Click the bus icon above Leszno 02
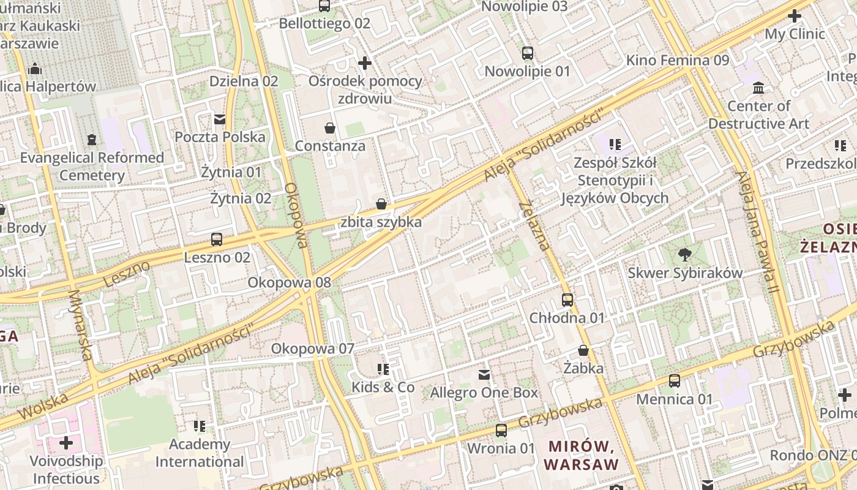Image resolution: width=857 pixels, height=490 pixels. pyautogui.click(x=216, y=239)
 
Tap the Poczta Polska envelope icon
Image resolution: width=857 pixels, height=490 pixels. pyautogui.click(x=220, y=119)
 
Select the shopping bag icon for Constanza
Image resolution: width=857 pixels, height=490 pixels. pyautogui.click(x=330, y=128)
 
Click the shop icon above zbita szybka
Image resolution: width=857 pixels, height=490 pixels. pyautogui.click(x=381, y=204)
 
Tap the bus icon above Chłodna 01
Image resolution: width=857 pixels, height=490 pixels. pyautogui.click(x=567, y=300)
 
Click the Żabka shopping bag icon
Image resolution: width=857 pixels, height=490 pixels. pyautogui.click(x=583, y=351)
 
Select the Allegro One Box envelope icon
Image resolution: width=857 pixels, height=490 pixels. pyautogui.click(x=484, y=374)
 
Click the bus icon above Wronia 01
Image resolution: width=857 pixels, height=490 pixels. pyautogui.click(x=501, y=431)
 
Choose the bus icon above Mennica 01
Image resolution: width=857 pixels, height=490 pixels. pyautogui.click(x=675, y=381)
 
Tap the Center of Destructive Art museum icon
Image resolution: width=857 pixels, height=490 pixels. pyautogui.click(x=759, y=88)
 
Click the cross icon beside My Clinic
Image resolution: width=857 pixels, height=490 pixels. pyautogui.click(x=795, y=16)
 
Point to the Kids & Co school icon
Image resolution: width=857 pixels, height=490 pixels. pyautogui.click(x=383, y=369)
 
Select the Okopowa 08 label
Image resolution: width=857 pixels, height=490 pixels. pyautogui.click(x=289, y=283)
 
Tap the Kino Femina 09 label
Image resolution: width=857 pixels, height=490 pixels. pyautogui.click(x=678, y=61)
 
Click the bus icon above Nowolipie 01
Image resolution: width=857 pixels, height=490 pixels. pyautogui.click(x=528, y=53)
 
